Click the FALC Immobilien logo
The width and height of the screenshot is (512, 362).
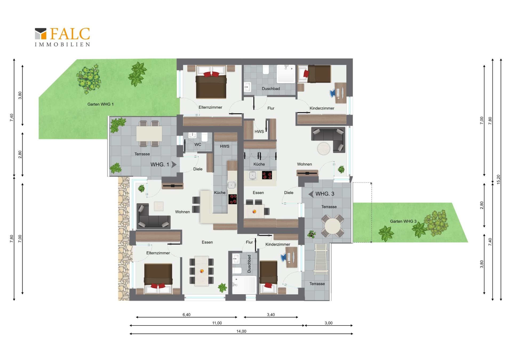point(62,37)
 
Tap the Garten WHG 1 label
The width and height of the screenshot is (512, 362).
point(100,104)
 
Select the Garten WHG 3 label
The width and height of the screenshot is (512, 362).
point(403,221)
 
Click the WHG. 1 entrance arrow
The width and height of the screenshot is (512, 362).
point(174,165)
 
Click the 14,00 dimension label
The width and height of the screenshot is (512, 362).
point(241,331)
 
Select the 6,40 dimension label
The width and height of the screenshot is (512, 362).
point(186,315)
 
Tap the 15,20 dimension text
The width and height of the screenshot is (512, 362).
point(498,179)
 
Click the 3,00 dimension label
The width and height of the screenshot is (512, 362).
point(328,323)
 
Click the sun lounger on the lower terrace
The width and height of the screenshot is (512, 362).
point(321,259)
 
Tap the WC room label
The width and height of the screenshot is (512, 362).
point(198,145)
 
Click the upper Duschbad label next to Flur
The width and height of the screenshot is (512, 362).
point(271,89)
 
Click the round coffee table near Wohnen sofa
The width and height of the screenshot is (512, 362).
point(324,148)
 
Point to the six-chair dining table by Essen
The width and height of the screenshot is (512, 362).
point(202,271)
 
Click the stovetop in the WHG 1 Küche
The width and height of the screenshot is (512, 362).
point(233,199)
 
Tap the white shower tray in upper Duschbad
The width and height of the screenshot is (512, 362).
point(286,74)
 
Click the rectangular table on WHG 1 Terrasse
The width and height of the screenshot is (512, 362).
point(149,133)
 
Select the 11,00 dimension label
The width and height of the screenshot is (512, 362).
point(217,323)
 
